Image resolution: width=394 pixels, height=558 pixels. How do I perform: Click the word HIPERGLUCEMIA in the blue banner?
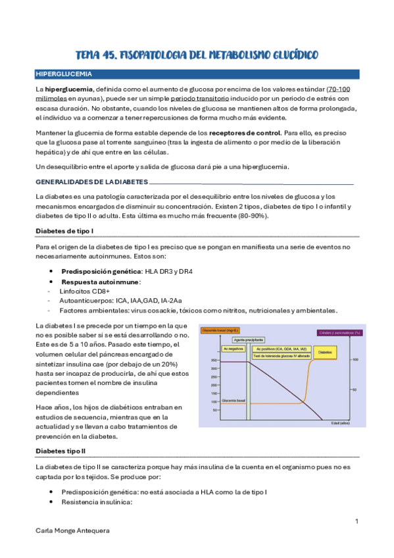(64, 74)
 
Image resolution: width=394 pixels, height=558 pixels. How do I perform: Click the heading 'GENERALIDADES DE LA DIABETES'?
(91, 182)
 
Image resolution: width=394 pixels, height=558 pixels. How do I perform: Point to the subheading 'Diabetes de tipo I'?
(65, 230)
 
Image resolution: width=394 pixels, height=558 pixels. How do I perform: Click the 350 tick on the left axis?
(214, 360)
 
